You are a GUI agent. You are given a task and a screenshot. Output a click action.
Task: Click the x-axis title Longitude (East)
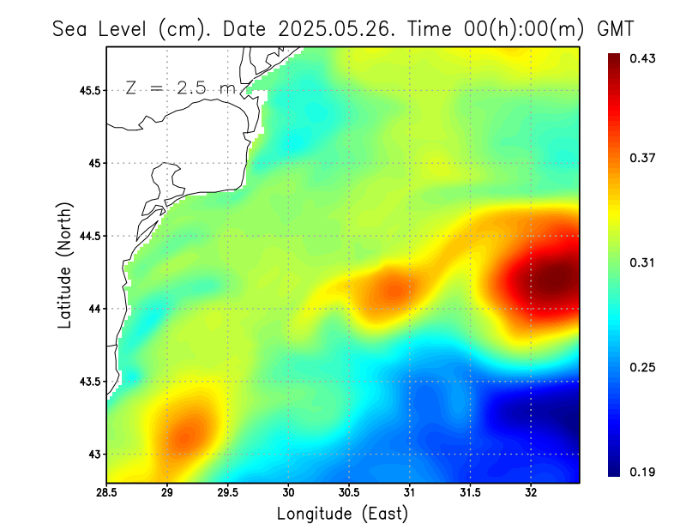(342, 514)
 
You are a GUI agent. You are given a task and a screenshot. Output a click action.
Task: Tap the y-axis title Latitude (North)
(64, 265)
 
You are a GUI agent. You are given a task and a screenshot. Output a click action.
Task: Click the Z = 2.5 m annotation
(180, 87)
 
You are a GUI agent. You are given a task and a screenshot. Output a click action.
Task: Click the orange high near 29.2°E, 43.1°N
(187, 434)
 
